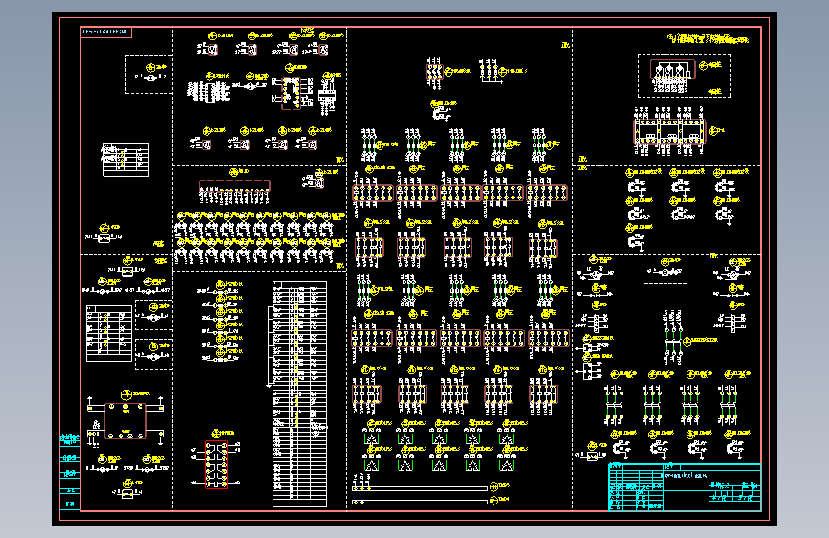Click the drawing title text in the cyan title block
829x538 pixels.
[687, 476]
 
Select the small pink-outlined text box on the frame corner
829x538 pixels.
[105, 34]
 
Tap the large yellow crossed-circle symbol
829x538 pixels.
[127, 394]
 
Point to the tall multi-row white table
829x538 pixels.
[298, 392]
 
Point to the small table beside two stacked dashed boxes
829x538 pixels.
[106, 334]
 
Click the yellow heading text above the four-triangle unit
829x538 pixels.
[708, 39]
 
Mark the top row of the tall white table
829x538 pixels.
[298, 283]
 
